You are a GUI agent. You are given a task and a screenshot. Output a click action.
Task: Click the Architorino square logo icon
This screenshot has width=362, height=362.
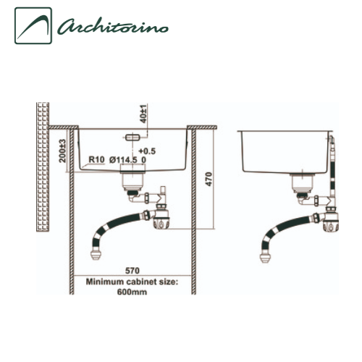pyautogui.click(x=33, y=25)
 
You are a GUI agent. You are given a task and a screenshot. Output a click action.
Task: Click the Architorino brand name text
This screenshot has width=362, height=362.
pyautogui.click(x=113, y=26)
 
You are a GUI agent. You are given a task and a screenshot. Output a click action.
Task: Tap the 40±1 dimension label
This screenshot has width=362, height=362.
pyautogui.click(x=144, y=114)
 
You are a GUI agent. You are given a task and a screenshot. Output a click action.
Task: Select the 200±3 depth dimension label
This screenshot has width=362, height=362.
pyautogui.click(x=63, y=151)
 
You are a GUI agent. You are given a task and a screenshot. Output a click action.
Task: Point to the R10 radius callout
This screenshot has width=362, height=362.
pyautogui.click(x=96, y=159)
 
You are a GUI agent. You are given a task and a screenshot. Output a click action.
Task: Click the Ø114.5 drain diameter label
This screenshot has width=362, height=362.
pyautogui.click(x=123, y=160)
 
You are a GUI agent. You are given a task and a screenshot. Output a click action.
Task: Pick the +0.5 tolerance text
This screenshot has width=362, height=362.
pyautogui.click(x=147, y=151)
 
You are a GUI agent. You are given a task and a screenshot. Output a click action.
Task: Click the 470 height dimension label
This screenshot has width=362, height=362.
pyautogui.click(x=209, y=179)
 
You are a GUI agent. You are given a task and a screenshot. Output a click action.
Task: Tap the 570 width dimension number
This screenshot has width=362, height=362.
pyautogui.click(x=132, y=271)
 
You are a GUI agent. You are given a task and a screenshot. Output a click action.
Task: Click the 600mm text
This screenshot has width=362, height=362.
pyautogui.click(x=132, y=292)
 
